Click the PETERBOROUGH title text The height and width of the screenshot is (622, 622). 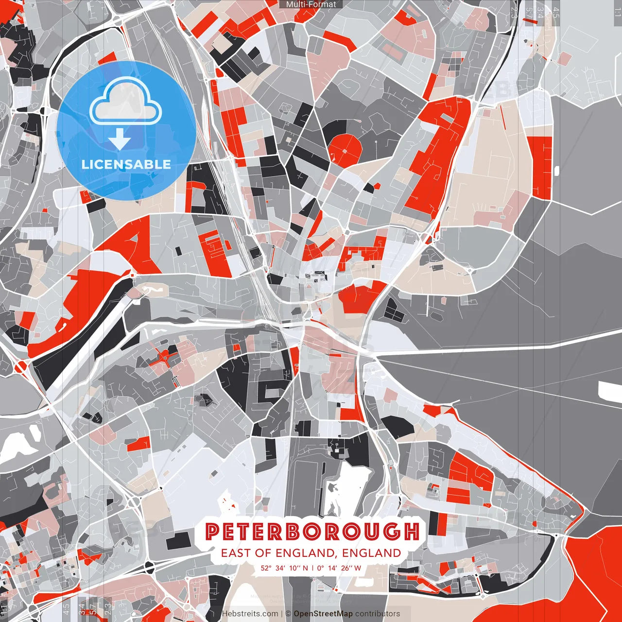click(311, 532)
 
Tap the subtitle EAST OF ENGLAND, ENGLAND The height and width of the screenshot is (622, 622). click(311, 553)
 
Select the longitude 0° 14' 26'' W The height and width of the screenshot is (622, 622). click(340, 568)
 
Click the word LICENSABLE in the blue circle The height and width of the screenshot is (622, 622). click(126, 164)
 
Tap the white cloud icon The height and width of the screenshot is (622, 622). click(126, 101)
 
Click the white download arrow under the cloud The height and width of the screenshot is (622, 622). click(120, 140)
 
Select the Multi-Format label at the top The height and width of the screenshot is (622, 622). click(311, 4)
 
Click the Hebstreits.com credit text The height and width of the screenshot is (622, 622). click(250, 614)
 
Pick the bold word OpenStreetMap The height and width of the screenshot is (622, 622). click(323, 614)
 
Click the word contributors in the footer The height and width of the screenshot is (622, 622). click(378, 614)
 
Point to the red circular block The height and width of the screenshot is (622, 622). click(345, 149)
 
